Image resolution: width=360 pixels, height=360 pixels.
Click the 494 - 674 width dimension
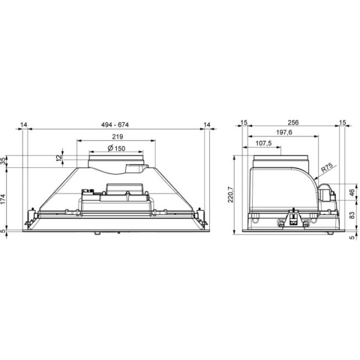pos(115,125)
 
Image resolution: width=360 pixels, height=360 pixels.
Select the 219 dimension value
pos(118,137)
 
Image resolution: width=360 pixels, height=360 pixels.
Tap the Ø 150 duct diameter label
pos(116,148)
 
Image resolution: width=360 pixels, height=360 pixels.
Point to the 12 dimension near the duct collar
pos(59,158)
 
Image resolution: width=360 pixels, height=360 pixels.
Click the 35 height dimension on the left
pos(4,161)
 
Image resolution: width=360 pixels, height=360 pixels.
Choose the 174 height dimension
pos(4,199)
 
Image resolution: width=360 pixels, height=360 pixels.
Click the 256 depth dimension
pos(293,122)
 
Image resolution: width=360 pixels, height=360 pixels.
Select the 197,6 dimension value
pos(284,133)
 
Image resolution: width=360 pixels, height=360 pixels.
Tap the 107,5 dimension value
pos(263,143)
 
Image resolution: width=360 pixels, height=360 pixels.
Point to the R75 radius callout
pos(327,168)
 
